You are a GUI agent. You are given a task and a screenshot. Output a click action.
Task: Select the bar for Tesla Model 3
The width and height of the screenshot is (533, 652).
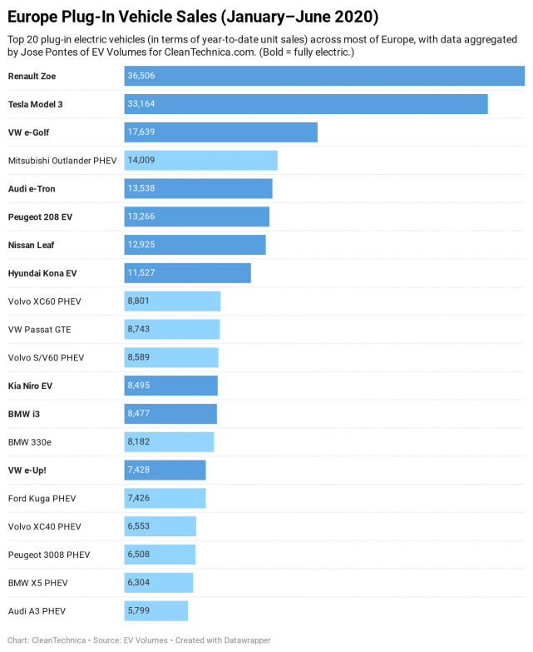(306, 104)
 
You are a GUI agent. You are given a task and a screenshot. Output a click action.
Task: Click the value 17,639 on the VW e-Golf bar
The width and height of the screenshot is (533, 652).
(141, 132)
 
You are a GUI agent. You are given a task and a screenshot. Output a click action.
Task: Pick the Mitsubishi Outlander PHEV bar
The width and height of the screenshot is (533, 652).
(200, 161)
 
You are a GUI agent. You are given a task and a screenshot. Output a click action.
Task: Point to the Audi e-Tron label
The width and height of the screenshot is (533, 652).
(32, 189)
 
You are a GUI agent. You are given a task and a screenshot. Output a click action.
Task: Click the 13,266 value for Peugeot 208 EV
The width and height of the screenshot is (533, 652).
(141, 217)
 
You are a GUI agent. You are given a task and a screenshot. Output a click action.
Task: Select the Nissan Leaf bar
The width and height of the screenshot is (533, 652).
(195, 245)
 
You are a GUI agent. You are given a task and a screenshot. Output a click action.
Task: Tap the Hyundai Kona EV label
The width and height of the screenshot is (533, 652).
(42, 273)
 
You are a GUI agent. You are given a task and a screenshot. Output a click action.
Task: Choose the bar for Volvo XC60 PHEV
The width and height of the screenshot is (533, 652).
(172, 301)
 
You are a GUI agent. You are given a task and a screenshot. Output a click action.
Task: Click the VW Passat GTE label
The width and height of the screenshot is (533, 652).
(39, 330)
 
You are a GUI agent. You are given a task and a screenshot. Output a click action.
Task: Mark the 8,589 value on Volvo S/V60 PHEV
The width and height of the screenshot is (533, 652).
(139, 357)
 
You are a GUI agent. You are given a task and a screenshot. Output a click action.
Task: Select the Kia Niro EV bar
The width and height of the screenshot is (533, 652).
(170, 386)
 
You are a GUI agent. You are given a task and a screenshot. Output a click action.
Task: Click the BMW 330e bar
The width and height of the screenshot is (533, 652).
(169, 442)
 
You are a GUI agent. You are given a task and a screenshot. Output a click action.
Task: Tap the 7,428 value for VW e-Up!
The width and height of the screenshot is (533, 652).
(139, 470)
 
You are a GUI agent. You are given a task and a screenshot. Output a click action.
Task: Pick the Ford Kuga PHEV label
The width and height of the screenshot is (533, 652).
(42, 499)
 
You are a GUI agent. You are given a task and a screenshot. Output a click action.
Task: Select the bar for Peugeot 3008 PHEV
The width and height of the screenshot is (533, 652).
(160, 555)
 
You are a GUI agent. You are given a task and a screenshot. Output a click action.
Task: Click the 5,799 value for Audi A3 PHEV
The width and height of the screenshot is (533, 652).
(139, 611)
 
